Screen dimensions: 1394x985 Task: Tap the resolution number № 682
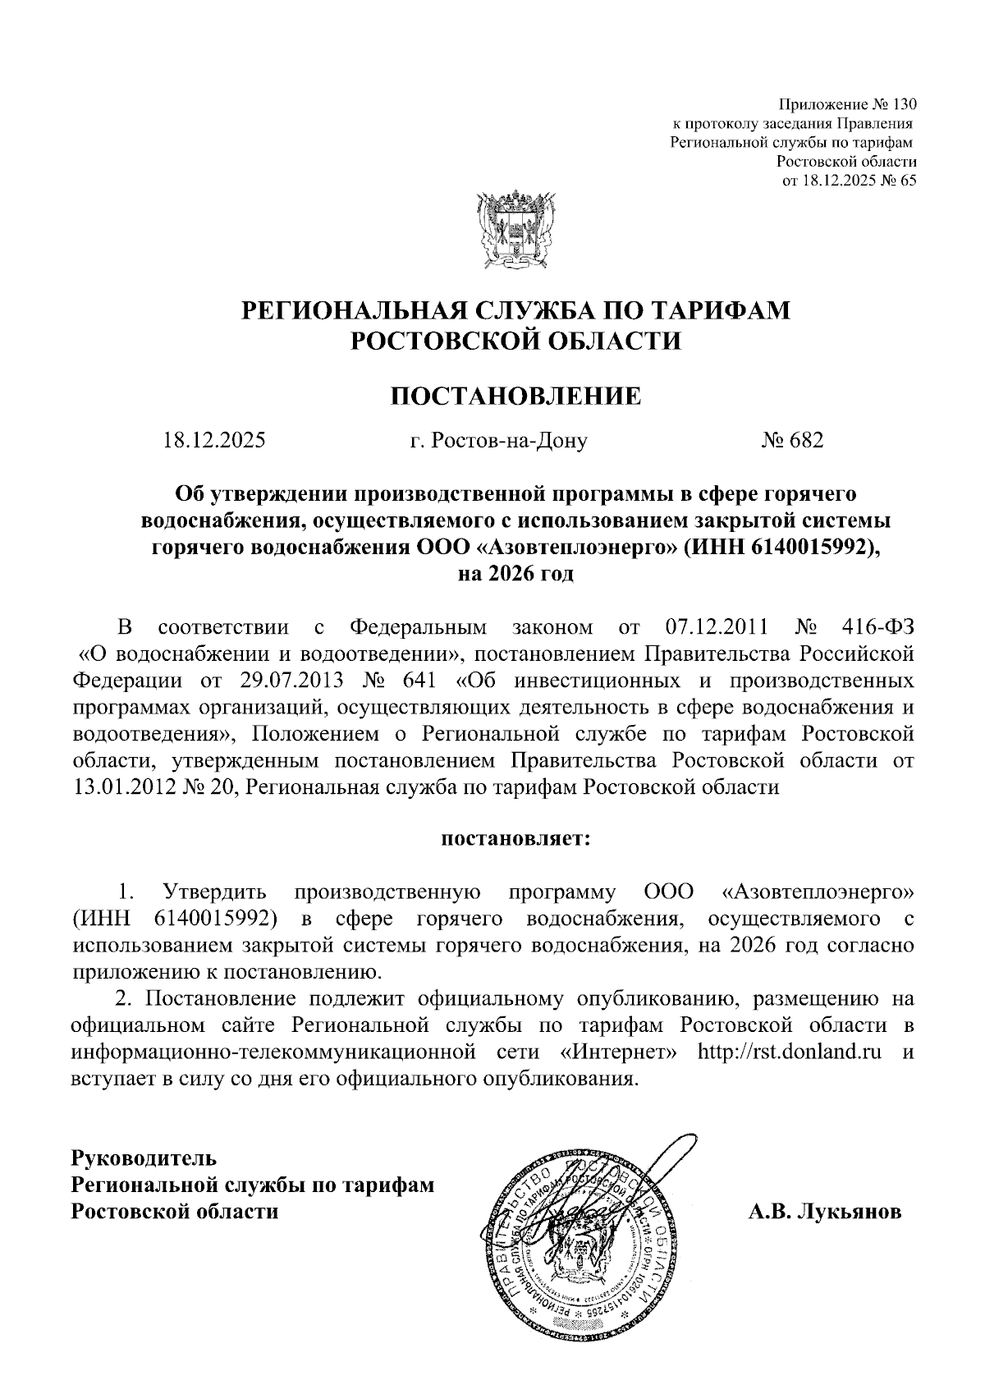click(x=791, y=441)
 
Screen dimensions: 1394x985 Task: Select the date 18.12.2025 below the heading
click(x=214, y=441)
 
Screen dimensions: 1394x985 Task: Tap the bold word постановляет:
click(x=515, y=839)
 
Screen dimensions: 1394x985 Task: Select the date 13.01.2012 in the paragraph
click(x=122, y=787)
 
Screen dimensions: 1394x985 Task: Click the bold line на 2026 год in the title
click(x=515, y=574)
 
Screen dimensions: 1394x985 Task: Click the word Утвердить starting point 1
click(x=215, y=892)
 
